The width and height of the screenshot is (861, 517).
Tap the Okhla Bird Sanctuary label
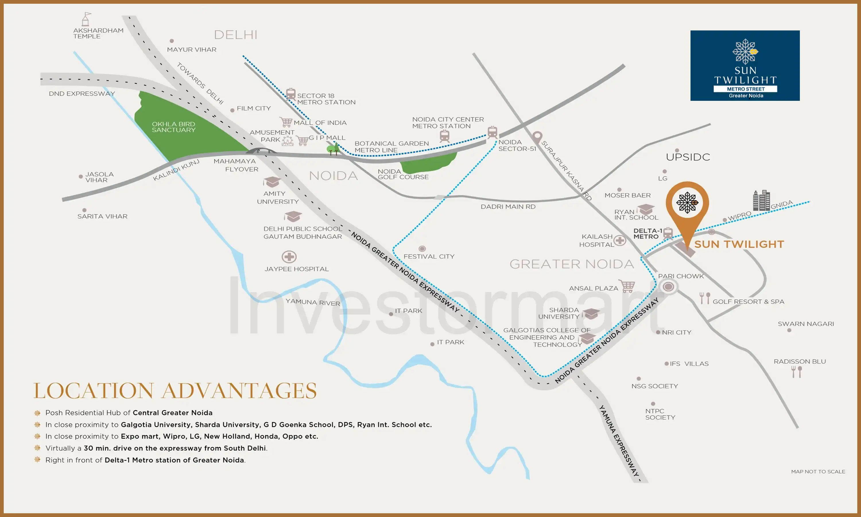(173, 127)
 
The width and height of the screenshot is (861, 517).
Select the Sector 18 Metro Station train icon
(291, 94)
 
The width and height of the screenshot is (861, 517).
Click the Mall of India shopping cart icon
(286, 122)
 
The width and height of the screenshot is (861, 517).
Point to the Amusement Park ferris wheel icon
(288, 140)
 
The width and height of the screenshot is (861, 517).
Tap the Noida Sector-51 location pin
(537, 137)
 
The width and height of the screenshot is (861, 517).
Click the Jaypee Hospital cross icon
(289, 257)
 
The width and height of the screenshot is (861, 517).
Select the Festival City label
(429, 256)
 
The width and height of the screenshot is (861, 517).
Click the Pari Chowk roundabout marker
(668, 287)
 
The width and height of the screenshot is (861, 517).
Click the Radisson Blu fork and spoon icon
(796, 372)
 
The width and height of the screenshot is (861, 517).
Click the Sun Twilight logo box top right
(745, 65)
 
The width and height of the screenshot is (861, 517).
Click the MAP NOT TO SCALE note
(818, 471)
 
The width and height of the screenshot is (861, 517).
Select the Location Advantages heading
(175, 391)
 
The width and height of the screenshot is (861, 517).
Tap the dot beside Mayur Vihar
(172, 41)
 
